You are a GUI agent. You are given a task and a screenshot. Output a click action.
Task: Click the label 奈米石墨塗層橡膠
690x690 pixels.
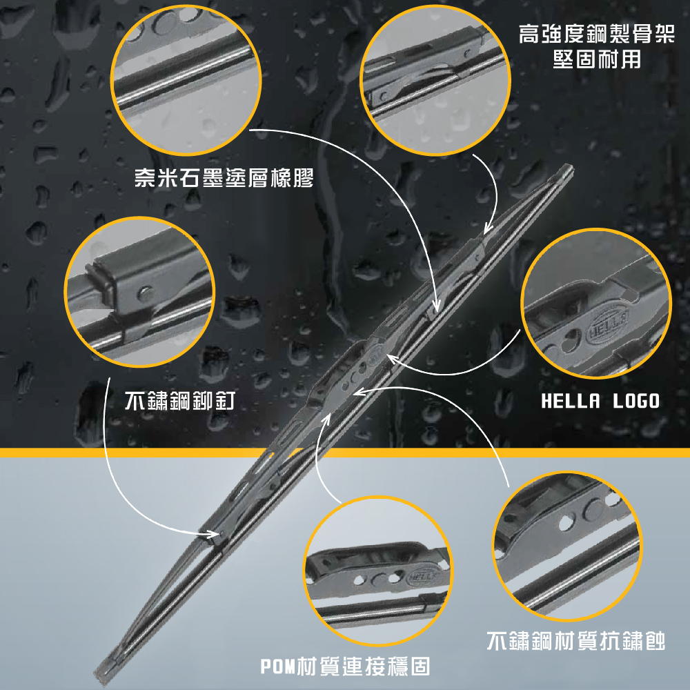pyautogui.click(x=224, y=178)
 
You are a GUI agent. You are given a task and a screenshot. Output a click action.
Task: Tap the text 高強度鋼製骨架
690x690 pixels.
pyautogui.click(x=597, y=34)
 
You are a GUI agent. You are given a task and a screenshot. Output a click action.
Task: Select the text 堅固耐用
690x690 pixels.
pyautogui.click(x=597, y=59)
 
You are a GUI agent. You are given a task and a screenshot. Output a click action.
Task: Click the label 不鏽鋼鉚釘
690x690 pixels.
pyautogui.click(x=180, y=400)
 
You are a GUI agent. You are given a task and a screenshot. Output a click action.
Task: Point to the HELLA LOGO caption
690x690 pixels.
pyautogui.click(x=600, y=401)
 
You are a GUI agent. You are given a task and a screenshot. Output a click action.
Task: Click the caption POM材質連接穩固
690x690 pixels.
pyautogui.click(x=345, y=667)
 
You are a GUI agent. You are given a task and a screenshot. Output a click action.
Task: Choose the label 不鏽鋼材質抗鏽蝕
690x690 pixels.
pyautogui.click(x=576, y=640)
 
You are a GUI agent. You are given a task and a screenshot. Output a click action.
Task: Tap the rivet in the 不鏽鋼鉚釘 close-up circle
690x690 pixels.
pyautogui.click(x=145, y=293)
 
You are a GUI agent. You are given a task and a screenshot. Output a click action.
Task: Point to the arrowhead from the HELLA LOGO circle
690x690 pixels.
pyautogui.click(x=393, y=359)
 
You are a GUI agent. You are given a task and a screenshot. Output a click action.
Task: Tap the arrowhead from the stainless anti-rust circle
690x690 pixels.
pyautogui.click(x=361, y=391)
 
